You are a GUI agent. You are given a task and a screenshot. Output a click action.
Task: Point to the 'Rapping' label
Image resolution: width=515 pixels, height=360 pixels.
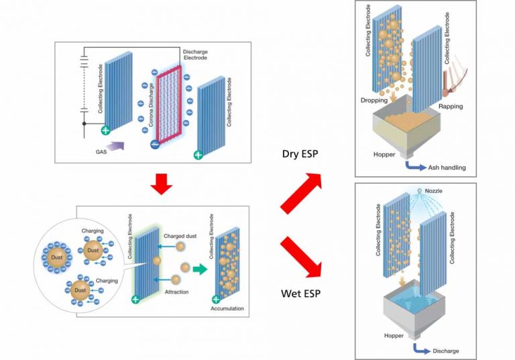click(451, 107)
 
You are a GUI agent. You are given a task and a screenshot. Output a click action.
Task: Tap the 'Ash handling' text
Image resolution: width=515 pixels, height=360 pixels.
click(443, 168)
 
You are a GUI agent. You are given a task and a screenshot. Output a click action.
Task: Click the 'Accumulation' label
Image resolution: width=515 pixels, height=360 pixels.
click(226, 309)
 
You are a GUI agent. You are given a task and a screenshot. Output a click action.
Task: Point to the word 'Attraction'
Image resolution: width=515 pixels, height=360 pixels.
click(178, 292)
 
